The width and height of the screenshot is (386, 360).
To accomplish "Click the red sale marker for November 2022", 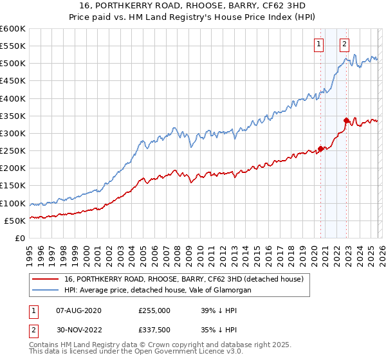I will (346, 120).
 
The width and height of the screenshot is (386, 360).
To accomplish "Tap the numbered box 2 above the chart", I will (345, 44).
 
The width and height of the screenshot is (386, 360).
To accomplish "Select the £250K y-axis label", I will (13, 151).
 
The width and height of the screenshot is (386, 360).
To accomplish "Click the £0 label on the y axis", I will (19, 238).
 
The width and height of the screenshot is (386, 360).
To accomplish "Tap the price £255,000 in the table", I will (154, 310).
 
